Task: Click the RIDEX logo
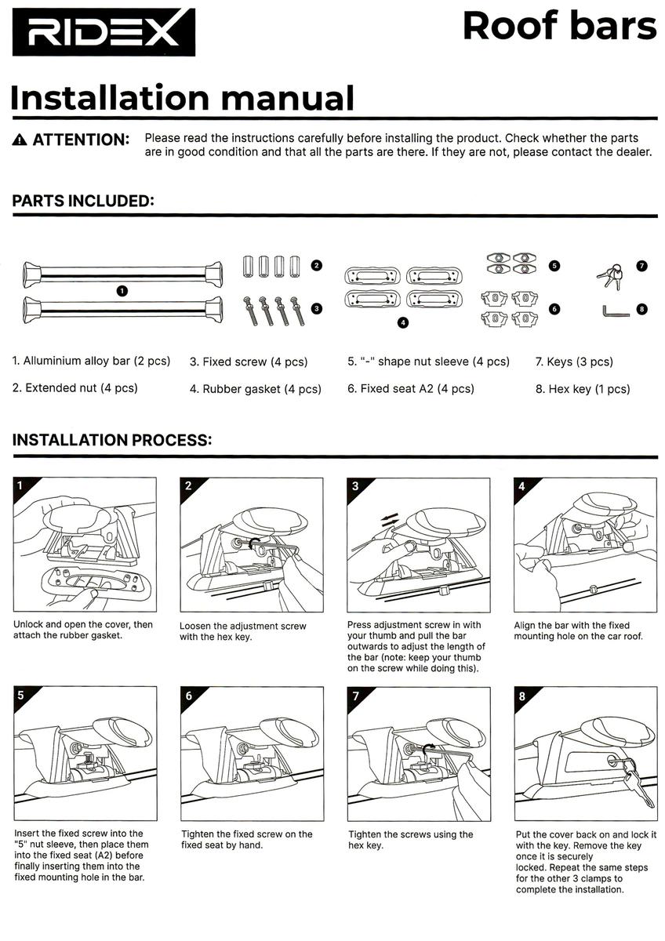[x=103, y=32]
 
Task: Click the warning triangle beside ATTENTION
[x=20, y=140]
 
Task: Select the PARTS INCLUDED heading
[x=82, y=201]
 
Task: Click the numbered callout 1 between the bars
[x=122, y=290]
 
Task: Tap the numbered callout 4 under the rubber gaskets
[x=403, y=322]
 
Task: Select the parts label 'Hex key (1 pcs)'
[x=583, y=389]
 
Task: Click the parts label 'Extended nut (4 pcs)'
[x=75, y=388]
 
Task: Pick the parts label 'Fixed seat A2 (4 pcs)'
[x=410, y=389]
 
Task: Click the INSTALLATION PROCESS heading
[x=112, y=440]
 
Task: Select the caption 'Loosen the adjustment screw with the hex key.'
[x=242, y=632]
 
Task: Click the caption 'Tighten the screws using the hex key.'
[x=411, y=840]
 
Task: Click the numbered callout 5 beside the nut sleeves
[x=554, y=266]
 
